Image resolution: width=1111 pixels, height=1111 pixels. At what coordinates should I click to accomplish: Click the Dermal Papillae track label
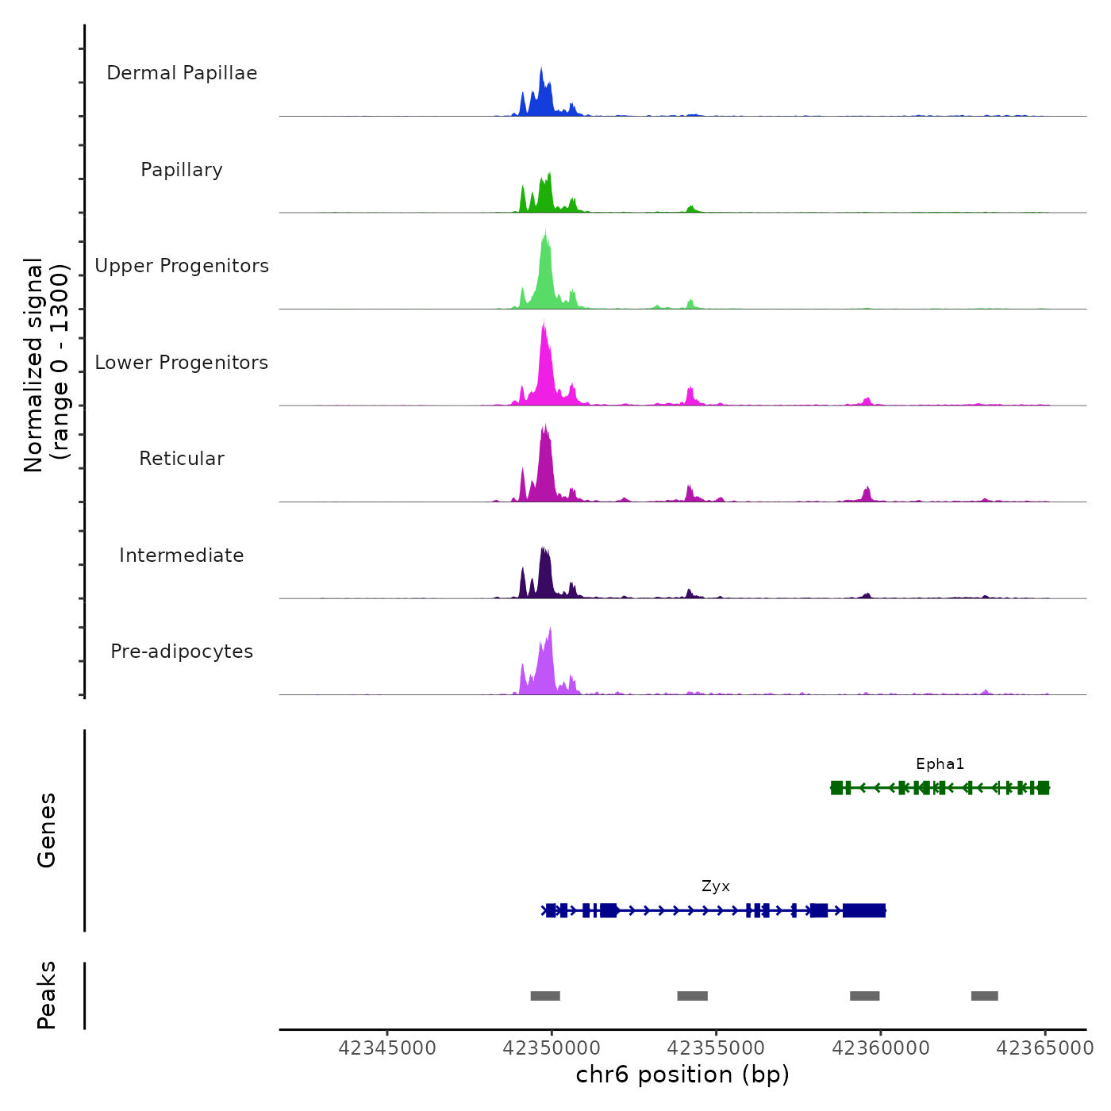(x=182, y=73)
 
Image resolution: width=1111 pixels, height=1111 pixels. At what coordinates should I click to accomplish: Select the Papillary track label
(x=182, y=170)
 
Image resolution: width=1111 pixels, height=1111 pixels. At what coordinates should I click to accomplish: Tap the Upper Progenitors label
(x=182, y=266)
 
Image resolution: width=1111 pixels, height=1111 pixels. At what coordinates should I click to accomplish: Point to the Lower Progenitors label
(x=182, y=363)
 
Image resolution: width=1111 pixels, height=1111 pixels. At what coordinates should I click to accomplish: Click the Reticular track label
(x=182, y=459)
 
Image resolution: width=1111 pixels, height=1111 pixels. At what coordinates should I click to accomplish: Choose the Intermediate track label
(x=182, y=555)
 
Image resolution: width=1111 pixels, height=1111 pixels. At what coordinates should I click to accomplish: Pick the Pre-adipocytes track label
(x=182, y=652)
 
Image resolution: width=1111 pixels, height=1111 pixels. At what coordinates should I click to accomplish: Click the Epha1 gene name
(x=940, y=764)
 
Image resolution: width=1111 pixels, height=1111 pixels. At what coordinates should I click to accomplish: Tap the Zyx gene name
(x=715, y=886)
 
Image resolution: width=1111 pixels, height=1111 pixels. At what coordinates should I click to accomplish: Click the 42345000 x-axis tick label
(x=387, y=1048)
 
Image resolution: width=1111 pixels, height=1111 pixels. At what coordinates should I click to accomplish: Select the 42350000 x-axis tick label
(x=552, y=1048)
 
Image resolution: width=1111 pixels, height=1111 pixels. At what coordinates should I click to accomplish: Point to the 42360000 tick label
(x=881, y=1048)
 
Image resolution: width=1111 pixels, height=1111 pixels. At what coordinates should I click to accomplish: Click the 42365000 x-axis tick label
(x=1044, y=1048)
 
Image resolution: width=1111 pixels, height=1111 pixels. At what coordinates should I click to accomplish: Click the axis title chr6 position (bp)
(x=682, y=1074)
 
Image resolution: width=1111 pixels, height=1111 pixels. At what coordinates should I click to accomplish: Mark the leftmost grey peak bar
(x=545, y=996)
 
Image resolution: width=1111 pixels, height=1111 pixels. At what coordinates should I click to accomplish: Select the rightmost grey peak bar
(x=984, y=996)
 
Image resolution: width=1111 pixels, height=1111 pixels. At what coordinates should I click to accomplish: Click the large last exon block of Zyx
(x=864, y=910)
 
